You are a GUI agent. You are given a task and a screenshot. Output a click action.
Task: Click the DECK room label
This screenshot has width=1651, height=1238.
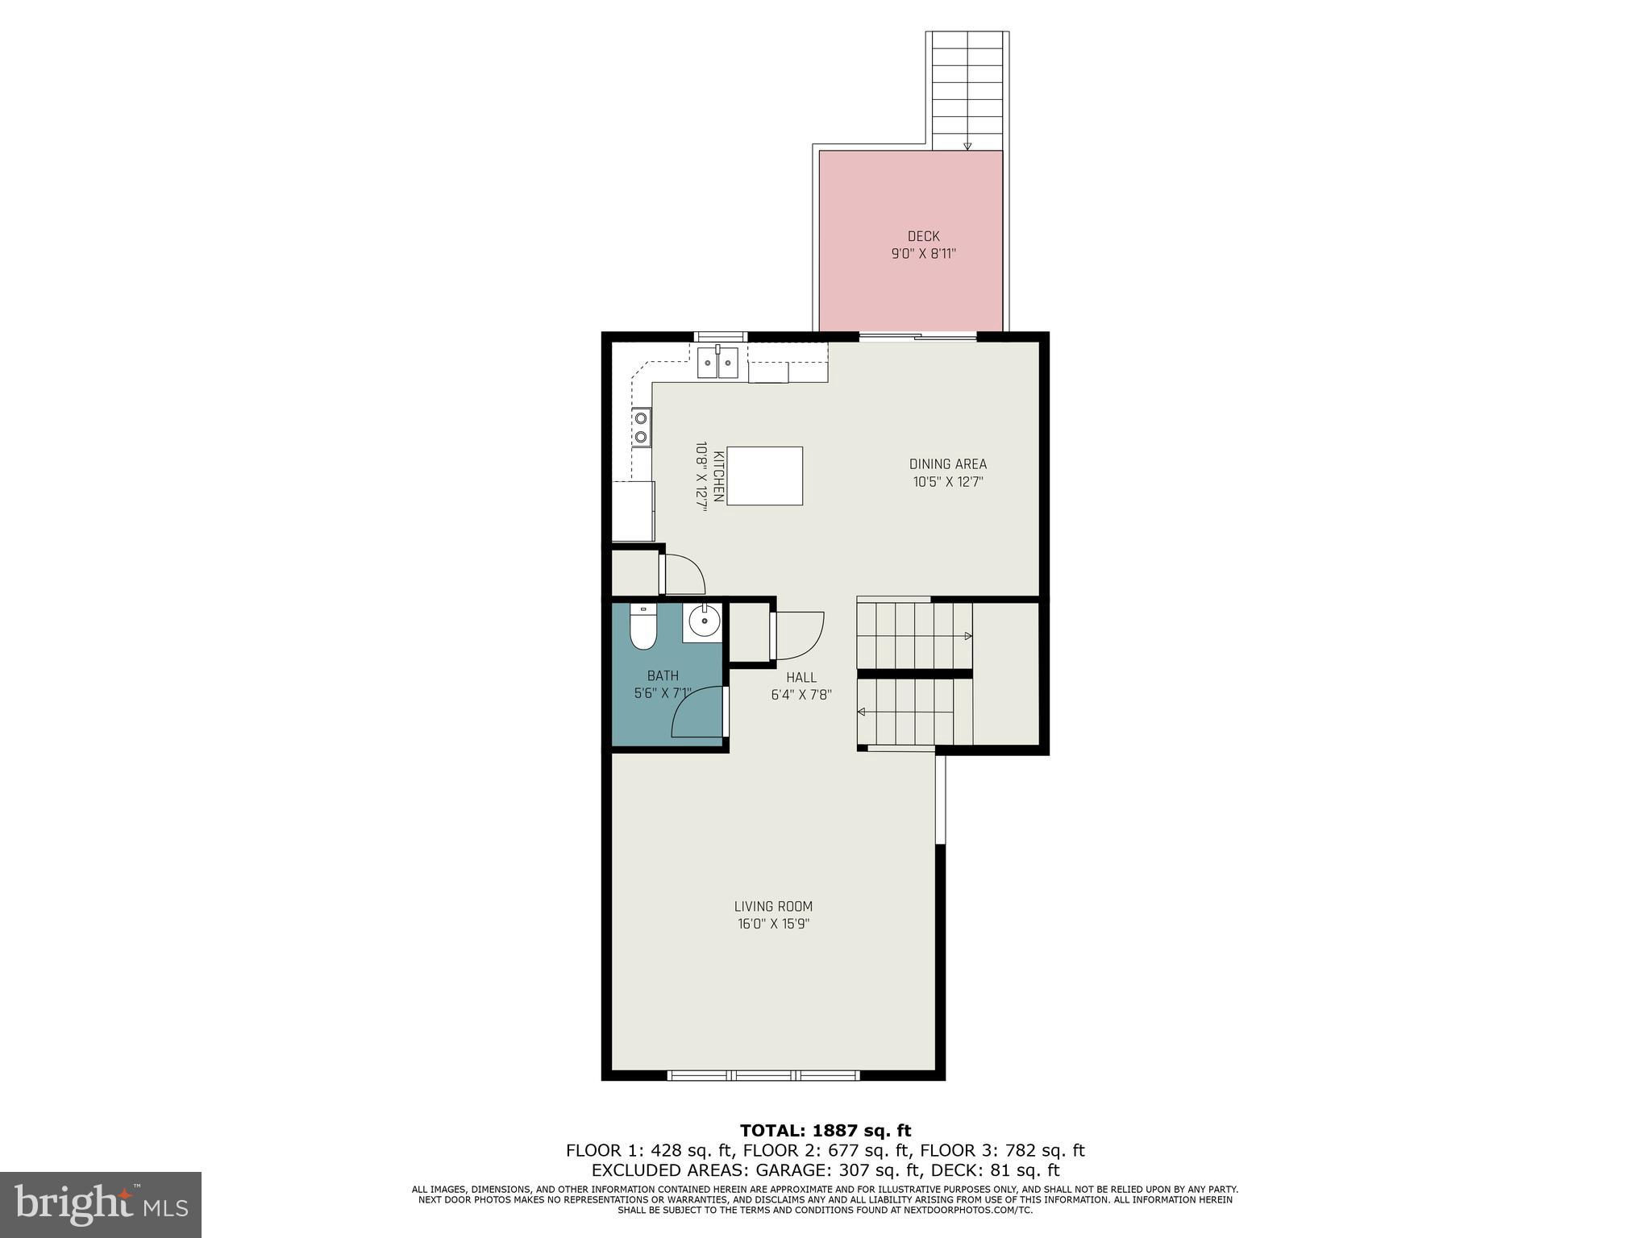tap(923, 236)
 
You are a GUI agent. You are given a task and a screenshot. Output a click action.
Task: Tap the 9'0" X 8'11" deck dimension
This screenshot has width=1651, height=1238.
tap(923, 254)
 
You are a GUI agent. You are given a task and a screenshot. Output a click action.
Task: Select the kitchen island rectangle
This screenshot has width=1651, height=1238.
tap(764, 476)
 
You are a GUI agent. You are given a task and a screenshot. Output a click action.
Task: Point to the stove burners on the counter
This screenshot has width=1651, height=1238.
tap(641, 427)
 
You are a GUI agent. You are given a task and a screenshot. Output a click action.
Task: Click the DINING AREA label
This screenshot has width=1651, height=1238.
tap(947, 464)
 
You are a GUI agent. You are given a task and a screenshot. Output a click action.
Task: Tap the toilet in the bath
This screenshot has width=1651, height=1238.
tap(643, 628)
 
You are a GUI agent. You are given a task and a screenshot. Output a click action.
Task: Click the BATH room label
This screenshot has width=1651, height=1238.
tap(663, 675)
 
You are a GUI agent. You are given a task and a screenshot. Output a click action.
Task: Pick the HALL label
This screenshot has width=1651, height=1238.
tap(801, 678)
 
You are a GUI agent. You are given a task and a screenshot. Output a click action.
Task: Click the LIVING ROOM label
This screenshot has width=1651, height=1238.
tap(773, 906)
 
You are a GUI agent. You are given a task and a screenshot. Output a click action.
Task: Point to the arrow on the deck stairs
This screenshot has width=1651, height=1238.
tap(967, 145)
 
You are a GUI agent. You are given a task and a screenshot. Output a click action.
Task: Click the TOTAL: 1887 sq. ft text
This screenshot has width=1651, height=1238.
tap(825, 1131)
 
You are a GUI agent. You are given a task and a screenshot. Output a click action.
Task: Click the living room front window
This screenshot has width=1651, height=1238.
tap(763, 1075)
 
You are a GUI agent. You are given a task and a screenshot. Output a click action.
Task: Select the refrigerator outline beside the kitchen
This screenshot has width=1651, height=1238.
tap(633, 511)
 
